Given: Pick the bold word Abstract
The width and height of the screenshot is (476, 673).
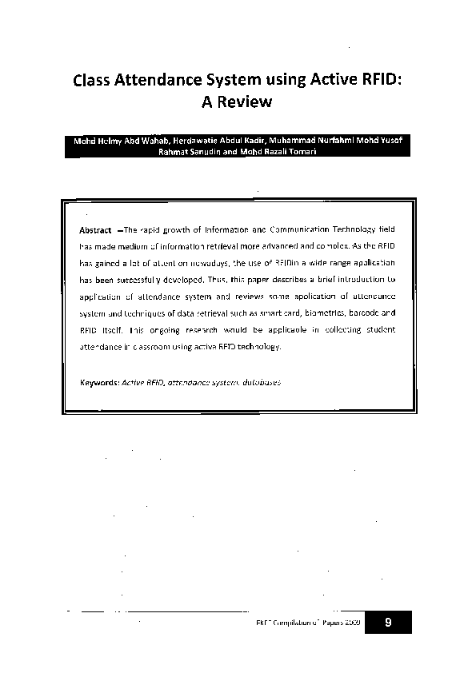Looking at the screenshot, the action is click(95, 229).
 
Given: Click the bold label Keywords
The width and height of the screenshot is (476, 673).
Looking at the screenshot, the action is click(99, 382).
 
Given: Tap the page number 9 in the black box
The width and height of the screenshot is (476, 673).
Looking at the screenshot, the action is click(387, 623).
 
